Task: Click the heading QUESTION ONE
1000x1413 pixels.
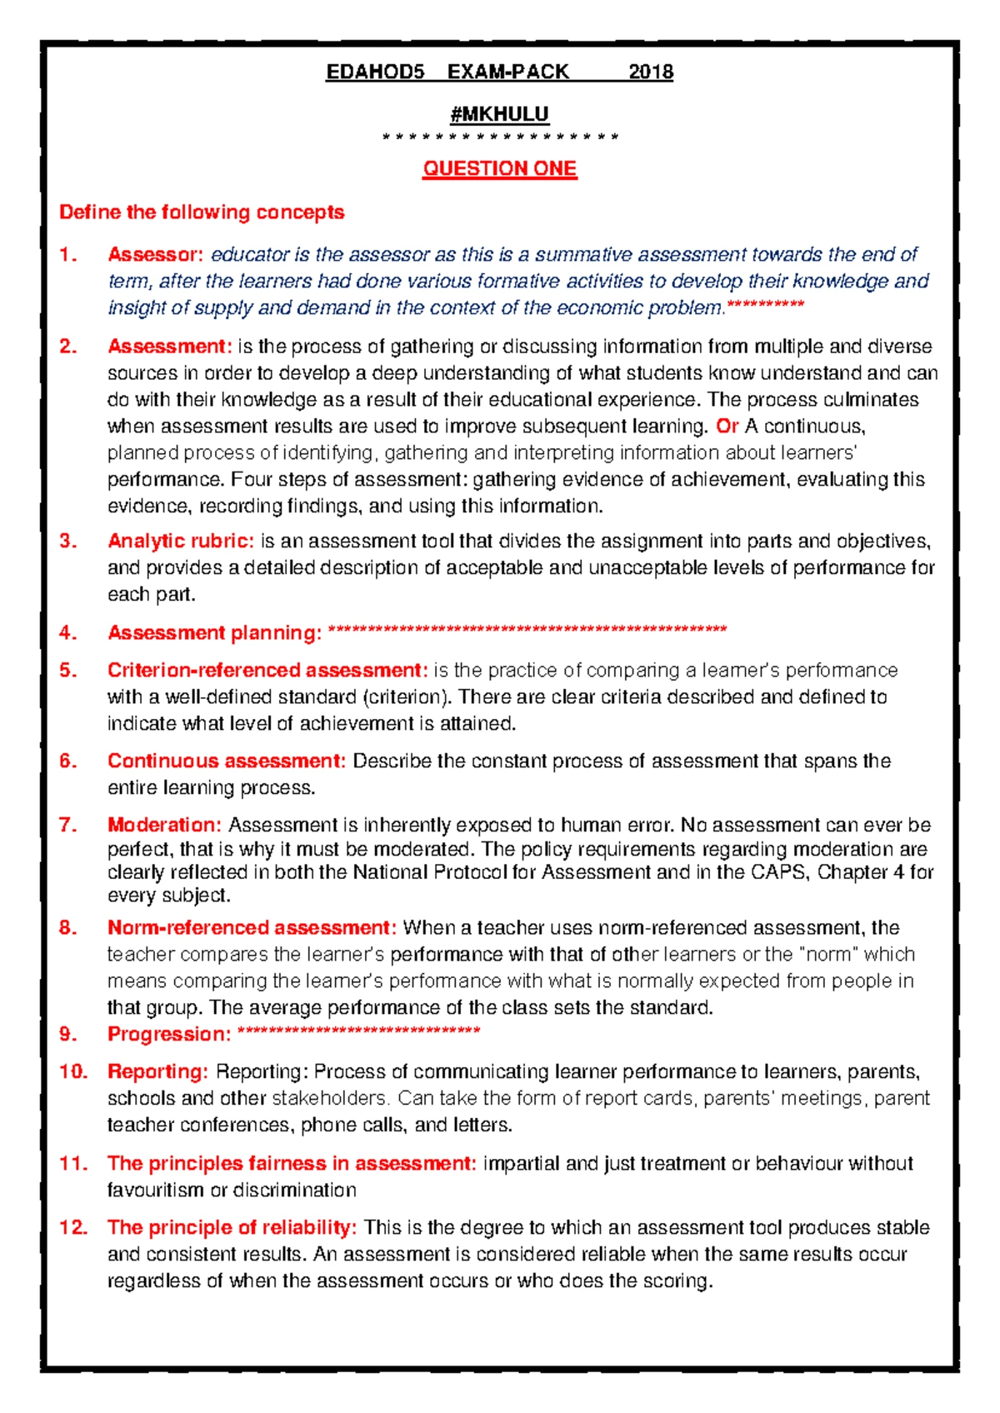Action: (499, 168)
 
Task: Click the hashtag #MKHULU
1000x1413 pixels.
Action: (499, 113)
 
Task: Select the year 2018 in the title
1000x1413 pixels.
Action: (651, 72)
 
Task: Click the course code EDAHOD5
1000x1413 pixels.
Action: (375, 72)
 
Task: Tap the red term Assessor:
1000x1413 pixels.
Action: (155, 254)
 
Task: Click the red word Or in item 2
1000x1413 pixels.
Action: (727, 426)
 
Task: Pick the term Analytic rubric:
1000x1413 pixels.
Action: (180, 541)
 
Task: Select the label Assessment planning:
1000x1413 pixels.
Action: (214, 632)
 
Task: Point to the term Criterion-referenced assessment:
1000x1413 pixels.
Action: (267, 670)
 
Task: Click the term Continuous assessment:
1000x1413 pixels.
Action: (226, 761)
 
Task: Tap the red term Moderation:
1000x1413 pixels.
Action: (164, 825)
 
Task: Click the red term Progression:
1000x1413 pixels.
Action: (169, 1034)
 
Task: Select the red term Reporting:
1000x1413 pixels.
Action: (157, 1071)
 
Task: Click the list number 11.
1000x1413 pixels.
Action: (73, 1163)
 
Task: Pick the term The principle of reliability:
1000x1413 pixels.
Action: (232, 1227)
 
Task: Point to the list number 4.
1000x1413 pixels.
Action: (67, 632)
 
